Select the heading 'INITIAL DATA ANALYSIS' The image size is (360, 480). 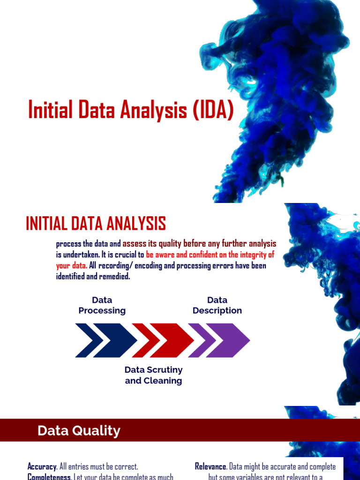96,224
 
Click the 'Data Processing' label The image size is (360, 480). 102,305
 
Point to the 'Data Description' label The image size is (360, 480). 217,305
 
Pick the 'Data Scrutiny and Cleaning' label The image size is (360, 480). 153,375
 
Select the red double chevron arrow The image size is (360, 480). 162,340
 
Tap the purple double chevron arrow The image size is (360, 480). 219,340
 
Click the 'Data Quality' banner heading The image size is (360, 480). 79,431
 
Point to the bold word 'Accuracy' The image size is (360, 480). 42,467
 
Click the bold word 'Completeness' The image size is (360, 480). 49,477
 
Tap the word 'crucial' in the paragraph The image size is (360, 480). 117,255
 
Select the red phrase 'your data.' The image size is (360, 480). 72,266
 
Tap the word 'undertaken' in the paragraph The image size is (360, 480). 82,255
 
